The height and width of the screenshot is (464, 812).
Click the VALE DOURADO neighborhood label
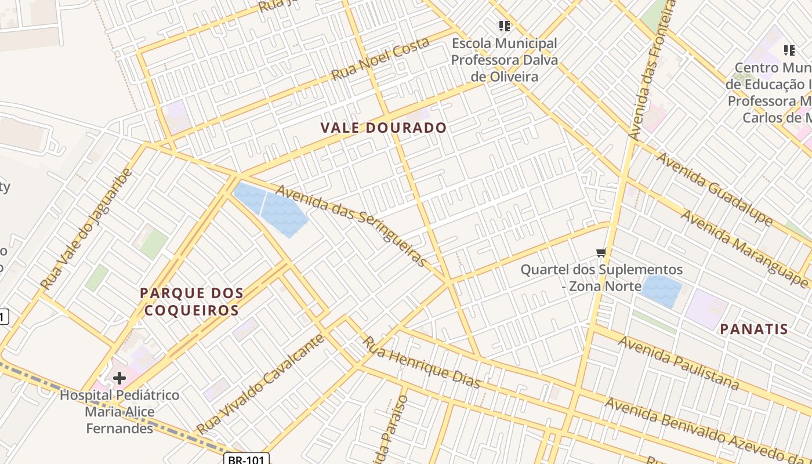click(x=384, y=128)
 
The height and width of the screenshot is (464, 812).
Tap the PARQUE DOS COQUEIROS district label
click(x=191, y=302)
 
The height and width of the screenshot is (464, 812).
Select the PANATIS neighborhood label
click(x=754, y=329)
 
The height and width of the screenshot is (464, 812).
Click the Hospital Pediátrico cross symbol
click(x=119, y=379)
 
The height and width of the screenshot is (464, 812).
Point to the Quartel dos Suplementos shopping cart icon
click(x=601, y=252)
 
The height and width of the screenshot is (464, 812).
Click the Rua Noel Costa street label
click(x=380, y=59)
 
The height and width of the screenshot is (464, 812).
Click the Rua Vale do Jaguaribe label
click(x=87, y=229)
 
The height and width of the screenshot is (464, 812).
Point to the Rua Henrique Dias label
click(x=422, y=362)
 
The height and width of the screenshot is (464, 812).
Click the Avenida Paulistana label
click(x=678, y=363)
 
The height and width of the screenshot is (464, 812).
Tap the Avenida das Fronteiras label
click(x=652, y=70)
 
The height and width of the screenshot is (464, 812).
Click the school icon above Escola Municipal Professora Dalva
click(x=504, y=26)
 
